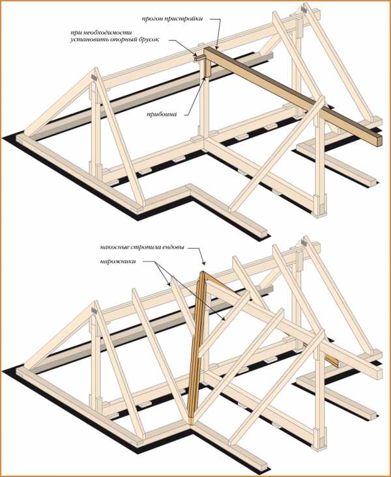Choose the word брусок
click(x=147, y=40)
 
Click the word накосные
click(x=114, y=247)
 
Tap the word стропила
click(x=144, y=247)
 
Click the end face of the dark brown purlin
click(x=379, y=141)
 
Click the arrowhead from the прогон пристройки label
click(x=217, y=47)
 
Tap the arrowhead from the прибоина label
click(x=204, y=78)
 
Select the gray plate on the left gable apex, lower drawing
click(x=94, y=310)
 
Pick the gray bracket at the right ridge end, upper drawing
click(x=304, y=8)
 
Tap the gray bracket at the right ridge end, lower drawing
click(x=304, y=241)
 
